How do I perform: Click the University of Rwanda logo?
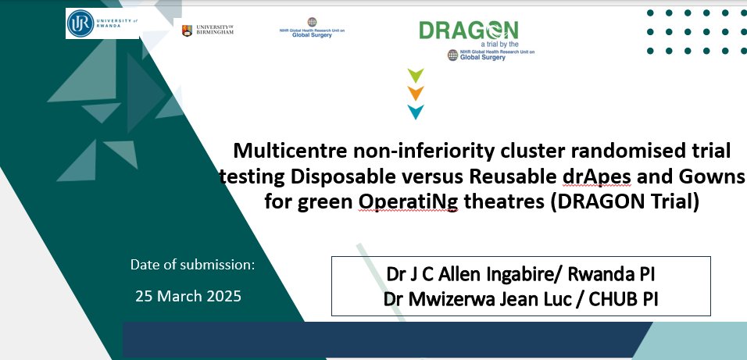pyautogui.click(x=102, y=24)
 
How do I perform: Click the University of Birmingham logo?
pyautogui.click(x=208, y=30)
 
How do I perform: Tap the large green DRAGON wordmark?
pyautogui.click(x=468, y=30)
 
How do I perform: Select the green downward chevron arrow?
pyautogui.click(x=416, y=76)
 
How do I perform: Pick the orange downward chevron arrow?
pyautogui.click(x=416, y=94)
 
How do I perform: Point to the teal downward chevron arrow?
pyautogui.click(x=416, y=112)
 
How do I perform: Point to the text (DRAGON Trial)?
pyautogui.click(x=622, y=201)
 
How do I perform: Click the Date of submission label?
pyautogui.click(x=192, y=266)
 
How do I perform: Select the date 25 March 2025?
pyautogui.click(x=188, y=297)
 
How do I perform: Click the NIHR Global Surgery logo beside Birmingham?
pyautogui.click(x=313, y=29)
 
